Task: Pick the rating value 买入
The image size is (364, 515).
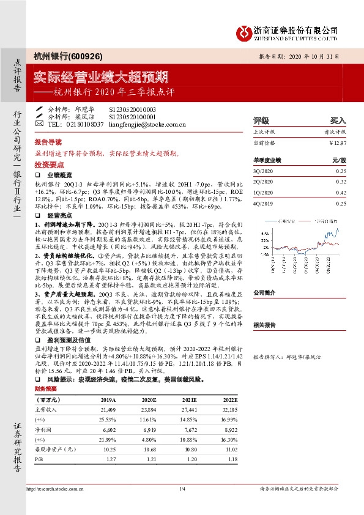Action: pyautogui.click(x=338, y=120)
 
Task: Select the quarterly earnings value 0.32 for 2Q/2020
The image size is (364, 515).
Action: pyautogui.click(x=341, y=182)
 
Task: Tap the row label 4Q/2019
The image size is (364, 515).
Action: pyautogui.click(x=263, y=203)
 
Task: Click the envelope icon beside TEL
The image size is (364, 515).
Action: pyautogui.click(x=40, y=124)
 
